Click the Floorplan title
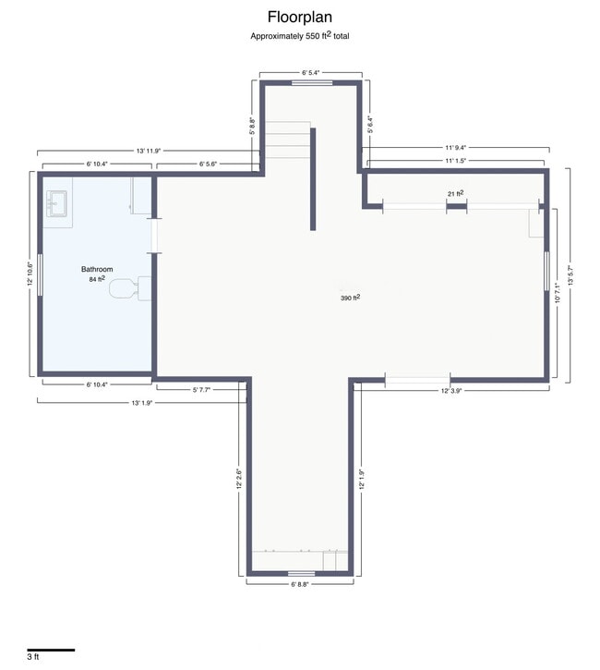click(x=300, y=17)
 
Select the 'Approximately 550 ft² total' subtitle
click(x=300, y=36)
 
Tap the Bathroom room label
click(x=97, y=269)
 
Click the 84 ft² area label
click(x=97, y=278)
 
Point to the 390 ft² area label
click(x=350, y=298)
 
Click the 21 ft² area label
click(x=455, y=194)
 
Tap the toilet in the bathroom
click(x=127, y=288)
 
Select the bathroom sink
click(x=57, y=203)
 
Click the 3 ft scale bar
click(x=50, y=651)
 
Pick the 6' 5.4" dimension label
click(x=316, y=70)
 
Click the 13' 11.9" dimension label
click(x=148, y=150)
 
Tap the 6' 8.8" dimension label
click(x=301, y=584)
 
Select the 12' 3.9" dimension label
click(x=457, y=391)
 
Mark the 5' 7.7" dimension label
click(x=201, y=390)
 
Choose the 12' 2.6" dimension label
click(x=240, y=481)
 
